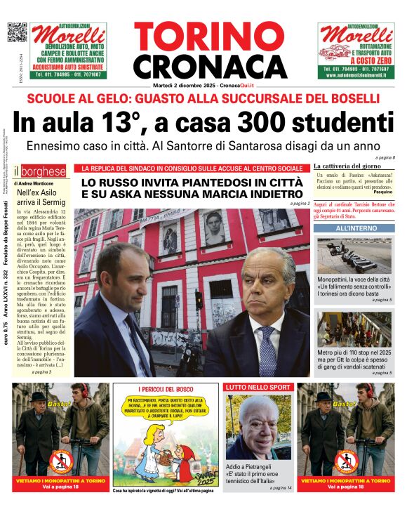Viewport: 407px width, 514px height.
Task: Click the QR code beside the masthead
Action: (17, 32)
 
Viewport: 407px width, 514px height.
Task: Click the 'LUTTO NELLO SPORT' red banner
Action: (255, 387)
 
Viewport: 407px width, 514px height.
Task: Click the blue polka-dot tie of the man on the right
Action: (267, 352)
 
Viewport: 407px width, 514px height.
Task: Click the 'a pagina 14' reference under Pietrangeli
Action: (279, 487)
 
